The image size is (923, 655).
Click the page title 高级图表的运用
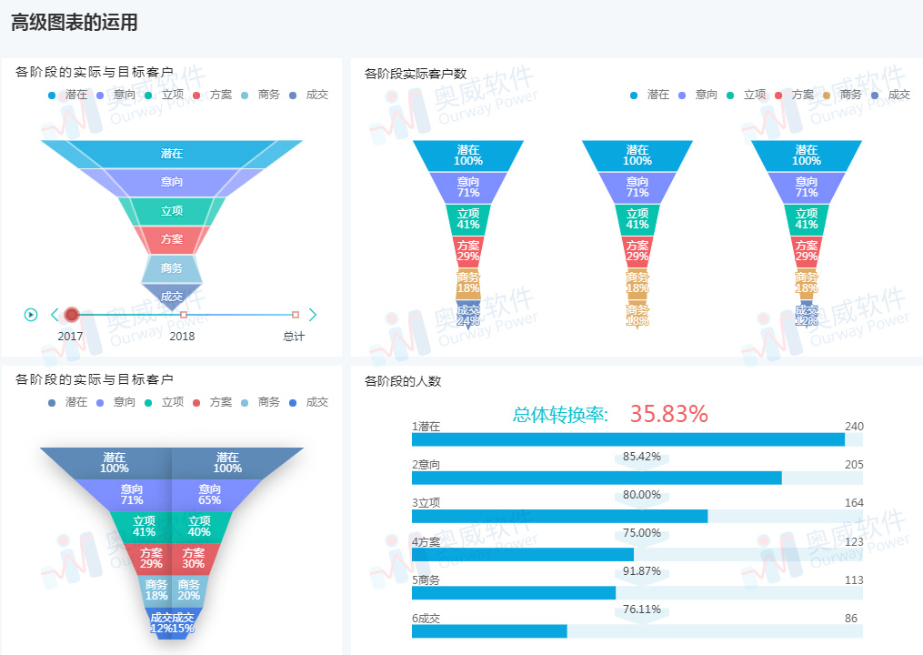pos(75,24)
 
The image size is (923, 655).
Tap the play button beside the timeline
pos(31,315)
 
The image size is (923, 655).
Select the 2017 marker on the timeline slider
pos(72,315)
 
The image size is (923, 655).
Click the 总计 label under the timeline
pos(294,337)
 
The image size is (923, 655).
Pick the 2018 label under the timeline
pos(182,337)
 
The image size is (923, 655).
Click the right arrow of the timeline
pos(313,315)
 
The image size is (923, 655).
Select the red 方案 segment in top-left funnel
pos(172,239)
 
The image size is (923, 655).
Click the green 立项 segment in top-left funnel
pos(172,211)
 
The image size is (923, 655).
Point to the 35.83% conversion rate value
pos(668,415)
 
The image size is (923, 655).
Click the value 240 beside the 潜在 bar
pos(854,427)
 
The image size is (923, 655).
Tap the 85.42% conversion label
pos(642,456)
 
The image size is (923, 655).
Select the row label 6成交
pos(426,619)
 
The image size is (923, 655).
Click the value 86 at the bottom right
pos(851,619)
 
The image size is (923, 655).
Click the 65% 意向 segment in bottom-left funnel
pos(210,494)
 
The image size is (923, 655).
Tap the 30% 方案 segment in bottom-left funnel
pos(193,558)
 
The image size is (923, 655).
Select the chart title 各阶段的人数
pos(403,381)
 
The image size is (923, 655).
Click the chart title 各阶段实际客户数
pos(416,74)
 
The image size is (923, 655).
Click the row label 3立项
pos(426,503)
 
